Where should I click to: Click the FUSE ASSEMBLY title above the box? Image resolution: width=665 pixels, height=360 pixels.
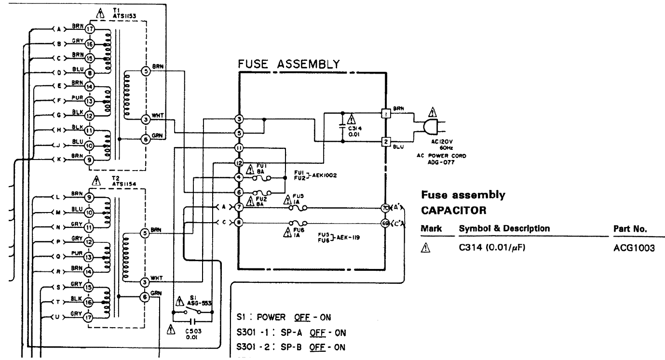click(289, 64)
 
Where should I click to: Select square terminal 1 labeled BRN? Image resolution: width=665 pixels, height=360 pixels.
click(386, 114)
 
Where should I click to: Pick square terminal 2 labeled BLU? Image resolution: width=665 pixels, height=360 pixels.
click(386, 142)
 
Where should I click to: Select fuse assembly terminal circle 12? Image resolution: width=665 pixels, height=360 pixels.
click(239, 163)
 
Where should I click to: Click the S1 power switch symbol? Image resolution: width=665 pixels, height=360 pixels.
click(192, 312)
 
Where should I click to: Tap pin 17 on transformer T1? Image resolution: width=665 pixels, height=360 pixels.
click(89, 29)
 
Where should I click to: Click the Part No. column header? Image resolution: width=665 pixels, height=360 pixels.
click(629, 228)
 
